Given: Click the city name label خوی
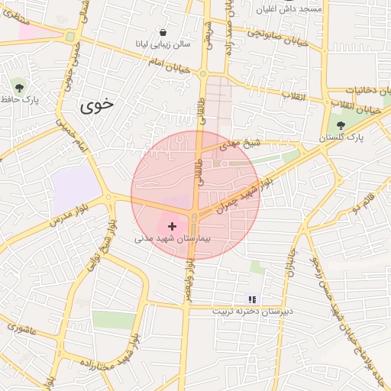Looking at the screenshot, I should point(96,106).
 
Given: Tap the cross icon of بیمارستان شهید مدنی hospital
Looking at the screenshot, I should point(172,226).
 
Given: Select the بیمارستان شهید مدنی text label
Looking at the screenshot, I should point(176,239).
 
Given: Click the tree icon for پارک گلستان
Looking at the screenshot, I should point(341,125).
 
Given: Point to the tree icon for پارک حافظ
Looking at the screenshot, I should point(18,86).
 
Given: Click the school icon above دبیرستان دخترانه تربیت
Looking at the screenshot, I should point(253,299).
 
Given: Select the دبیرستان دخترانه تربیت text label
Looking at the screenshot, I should point(253,312).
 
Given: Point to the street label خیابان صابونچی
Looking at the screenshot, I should point(277,37).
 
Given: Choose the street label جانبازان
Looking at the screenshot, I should point(289,259).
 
